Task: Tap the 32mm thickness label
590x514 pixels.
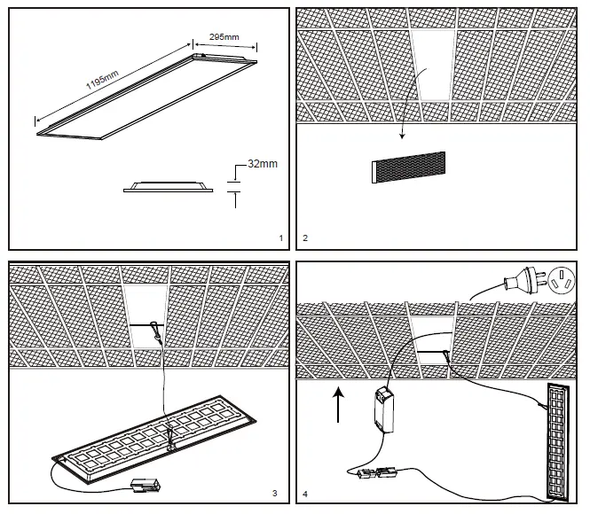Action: [x=263, y=164]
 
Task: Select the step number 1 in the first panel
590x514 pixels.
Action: [x=280, y=238]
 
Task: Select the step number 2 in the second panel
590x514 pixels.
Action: [x=305, y=238]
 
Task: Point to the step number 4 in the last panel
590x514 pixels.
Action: [x=305, y=493]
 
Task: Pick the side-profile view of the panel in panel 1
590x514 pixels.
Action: [x=169, y=186]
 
